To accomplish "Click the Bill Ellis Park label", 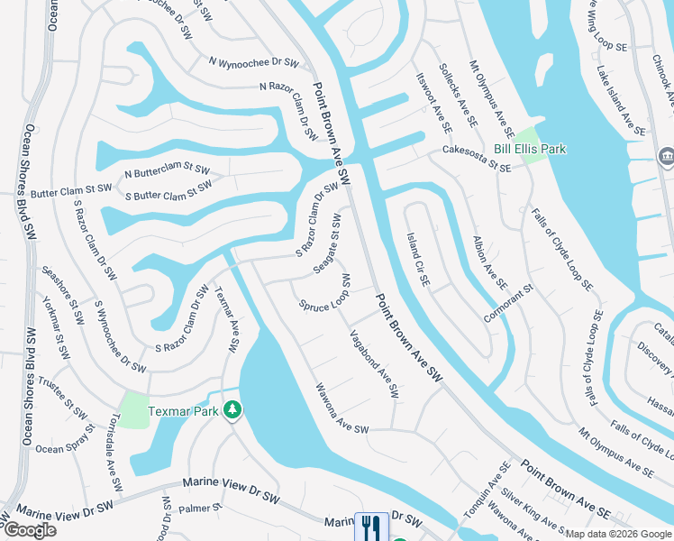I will tap(530, 149).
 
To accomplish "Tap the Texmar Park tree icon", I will tap(232, 410).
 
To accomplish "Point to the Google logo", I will tap(30, 530).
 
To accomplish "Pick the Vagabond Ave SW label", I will tap(373, 363).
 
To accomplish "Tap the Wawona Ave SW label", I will tap(342, 408).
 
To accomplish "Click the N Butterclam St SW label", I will tap(167, 170).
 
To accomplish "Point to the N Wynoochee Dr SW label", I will tap(253, 61).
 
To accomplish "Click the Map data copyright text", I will tap(616, 534).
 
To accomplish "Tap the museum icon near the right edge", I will tap(666, 156).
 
